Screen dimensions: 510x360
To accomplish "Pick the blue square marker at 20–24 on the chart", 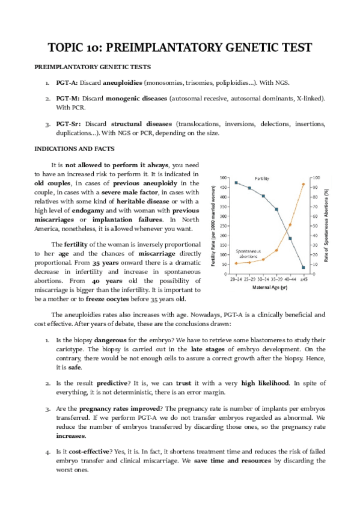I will (x=236, y=182).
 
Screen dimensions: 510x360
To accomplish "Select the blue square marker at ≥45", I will (x=304, y=268).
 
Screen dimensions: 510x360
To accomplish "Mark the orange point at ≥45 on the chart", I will (x=304, y=184).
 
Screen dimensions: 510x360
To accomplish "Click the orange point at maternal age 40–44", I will (x=290, y=225).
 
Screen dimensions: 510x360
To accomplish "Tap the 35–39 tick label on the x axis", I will (x=276, y=278).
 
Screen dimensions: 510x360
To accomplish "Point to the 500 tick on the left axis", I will (x=223, y=178).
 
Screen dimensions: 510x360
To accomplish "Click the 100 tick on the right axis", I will (x=316, y=178).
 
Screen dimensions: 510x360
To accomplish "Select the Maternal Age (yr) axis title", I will (x=269, y=287).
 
